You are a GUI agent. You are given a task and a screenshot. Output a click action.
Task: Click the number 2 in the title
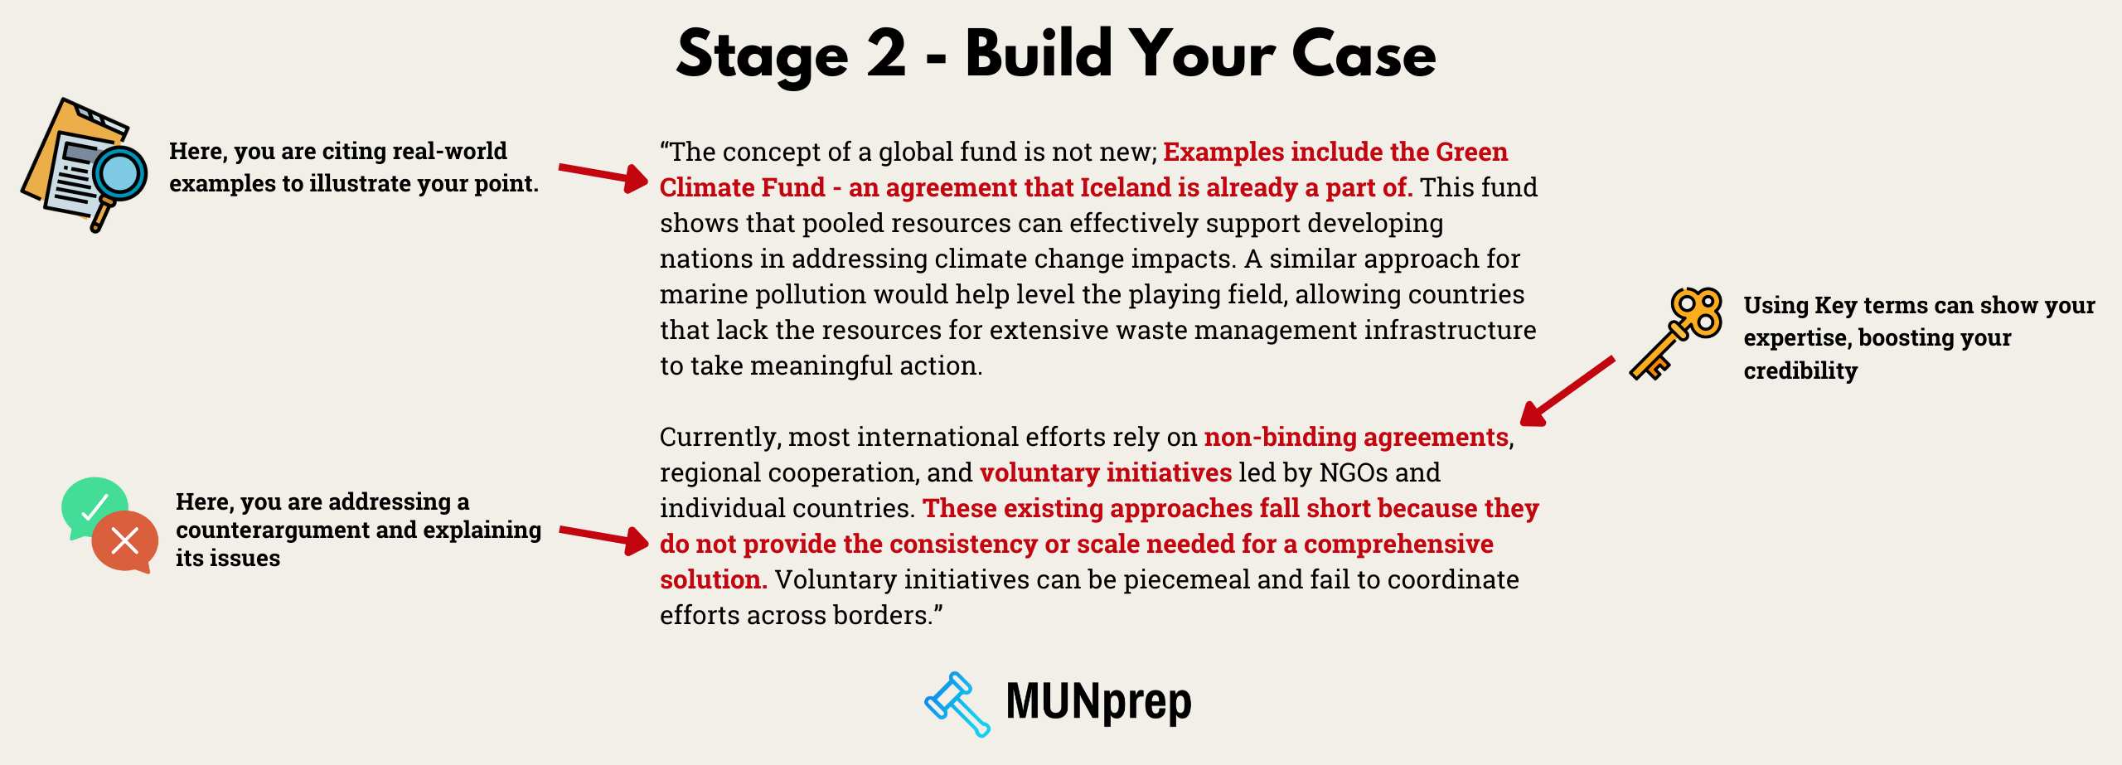(886, 55)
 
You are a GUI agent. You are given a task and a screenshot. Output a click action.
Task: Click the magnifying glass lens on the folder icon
(119, 174)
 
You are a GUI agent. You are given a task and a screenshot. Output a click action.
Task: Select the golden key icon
(1676, 332)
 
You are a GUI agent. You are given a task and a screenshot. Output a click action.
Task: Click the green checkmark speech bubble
(93, 503)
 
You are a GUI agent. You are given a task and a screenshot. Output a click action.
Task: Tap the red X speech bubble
(125, 541)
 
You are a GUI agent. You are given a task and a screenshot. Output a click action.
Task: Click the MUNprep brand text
(1098, 702)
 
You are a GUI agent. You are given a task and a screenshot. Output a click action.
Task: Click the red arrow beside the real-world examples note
(603, 175)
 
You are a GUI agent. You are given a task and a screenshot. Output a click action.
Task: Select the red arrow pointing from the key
(1567, 390)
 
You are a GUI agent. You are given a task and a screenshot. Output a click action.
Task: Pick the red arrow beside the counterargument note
(603, 536)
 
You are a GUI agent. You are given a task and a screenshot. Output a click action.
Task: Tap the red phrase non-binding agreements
(1356, 437)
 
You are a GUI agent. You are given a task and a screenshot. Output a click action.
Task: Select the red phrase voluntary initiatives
(1106, 472)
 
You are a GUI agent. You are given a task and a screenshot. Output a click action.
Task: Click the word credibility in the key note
(1800, 370)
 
